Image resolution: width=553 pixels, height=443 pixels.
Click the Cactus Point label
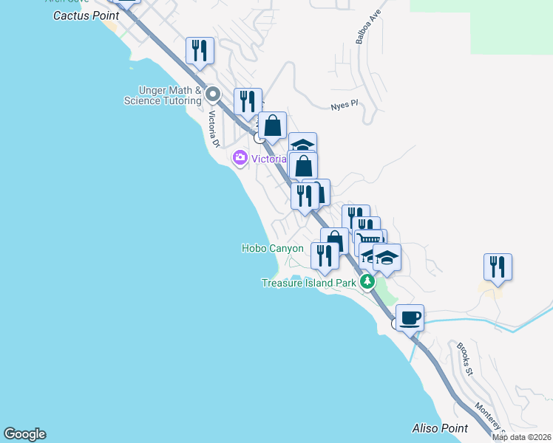[86, 15]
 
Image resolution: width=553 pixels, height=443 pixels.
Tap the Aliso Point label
[440, 428]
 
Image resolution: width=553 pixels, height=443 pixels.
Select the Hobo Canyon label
[273, 249]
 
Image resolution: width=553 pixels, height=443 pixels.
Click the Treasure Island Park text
[309, 283]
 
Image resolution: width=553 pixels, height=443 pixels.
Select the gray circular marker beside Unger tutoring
[214, 95]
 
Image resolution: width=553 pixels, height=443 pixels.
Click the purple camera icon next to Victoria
[240, 158]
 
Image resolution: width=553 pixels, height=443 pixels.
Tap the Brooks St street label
[464, 359]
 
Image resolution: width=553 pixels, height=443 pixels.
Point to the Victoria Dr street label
[214, 128]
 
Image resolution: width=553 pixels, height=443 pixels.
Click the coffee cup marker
[410, 317]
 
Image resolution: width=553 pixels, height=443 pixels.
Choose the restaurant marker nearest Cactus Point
[200, 50]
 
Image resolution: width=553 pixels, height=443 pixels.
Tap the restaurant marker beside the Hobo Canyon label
[325, 255]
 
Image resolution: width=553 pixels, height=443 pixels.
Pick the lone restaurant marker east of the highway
[498, 267]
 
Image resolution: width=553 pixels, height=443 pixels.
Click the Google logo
[24, 434]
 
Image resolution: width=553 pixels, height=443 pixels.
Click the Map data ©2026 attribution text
[521, 437]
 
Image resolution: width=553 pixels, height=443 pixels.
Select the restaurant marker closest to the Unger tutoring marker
[248, 102]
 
